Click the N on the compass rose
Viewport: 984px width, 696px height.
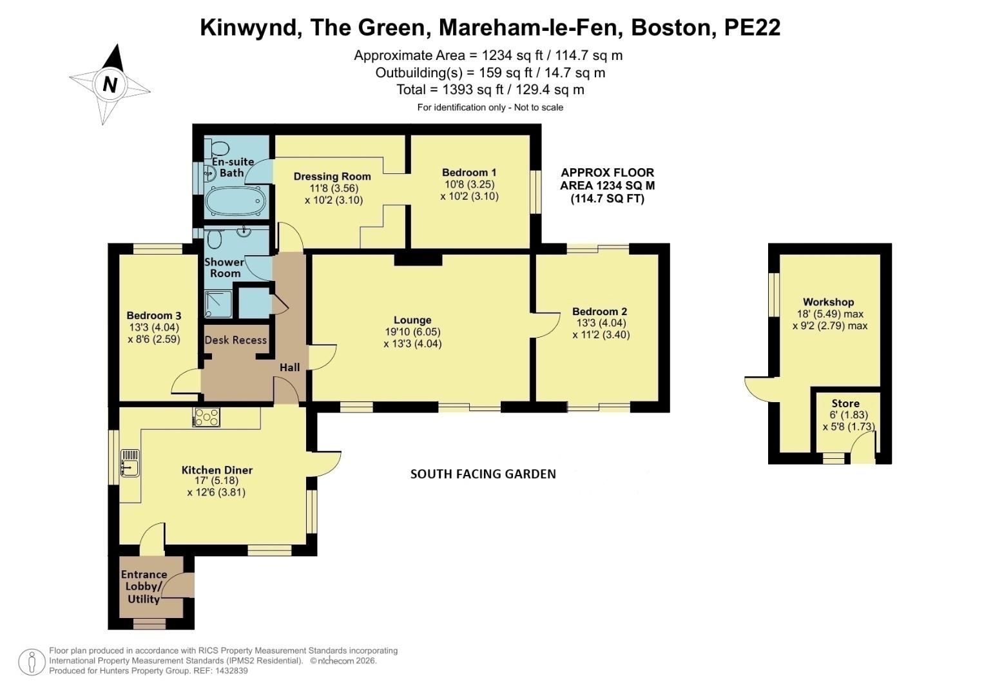click(110, 84)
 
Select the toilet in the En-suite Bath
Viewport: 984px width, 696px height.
click(217, 148)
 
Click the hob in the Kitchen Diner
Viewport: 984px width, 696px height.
click(207, 418)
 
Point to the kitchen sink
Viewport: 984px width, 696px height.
click(130, 462)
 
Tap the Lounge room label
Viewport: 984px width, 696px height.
click(412, 320)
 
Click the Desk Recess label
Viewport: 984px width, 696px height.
click(235, 340)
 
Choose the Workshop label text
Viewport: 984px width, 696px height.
click(828, 302)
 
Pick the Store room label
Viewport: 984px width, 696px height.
click(845, 403)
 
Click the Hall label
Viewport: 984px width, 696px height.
click(289, 367)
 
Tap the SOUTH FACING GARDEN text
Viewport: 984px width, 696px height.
click(483, 474)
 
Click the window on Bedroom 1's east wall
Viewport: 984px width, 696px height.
click(534, 191)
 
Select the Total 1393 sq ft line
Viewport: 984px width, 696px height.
click(490, 90)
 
